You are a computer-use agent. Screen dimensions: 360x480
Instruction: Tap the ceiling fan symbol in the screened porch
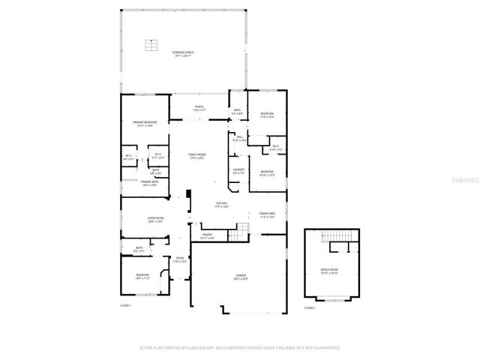click(x=151, y=45)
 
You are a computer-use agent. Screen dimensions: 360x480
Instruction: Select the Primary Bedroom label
click(x=145, y=124)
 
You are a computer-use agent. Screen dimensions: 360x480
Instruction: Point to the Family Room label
click(x=197, y=155)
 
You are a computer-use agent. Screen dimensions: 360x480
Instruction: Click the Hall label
click(x=239, y=139)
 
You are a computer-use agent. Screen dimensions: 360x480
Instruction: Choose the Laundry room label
click(x=238, y=171)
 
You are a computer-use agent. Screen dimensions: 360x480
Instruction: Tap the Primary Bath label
click(x=148, y=183)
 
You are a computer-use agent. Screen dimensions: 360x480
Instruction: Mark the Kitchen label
click(x=222, y=204)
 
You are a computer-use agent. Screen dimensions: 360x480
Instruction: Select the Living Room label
click(x=156, y=220)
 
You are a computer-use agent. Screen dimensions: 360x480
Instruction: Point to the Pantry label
click(x=207, y=236)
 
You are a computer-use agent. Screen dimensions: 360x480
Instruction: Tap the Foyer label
click(x=179, y=260)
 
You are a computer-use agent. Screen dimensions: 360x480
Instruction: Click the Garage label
click(x=241, y=277)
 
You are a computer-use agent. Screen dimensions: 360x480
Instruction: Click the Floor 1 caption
click(x=126, y=306)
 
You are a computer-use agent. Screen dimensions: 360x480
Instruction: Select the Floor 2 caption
click(x=310, y=308)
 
